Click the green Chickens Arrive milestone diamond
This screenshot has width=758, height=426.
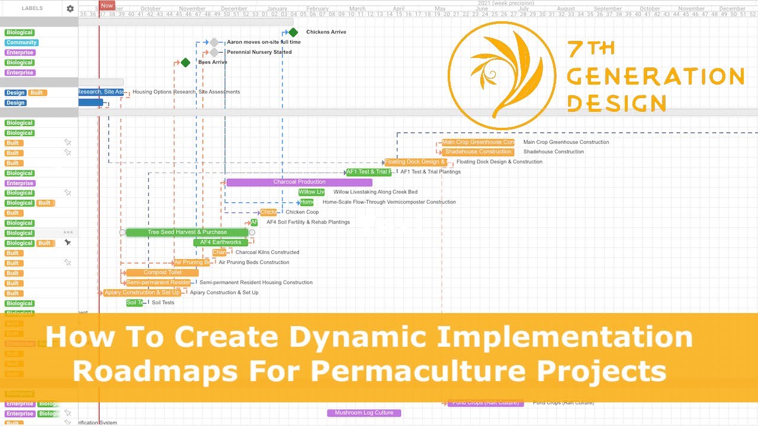click(293, 32)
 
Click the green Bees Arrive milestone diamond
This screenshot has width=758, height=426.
click(185, 62)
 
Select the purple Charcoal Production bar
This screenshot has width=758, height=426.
click(299, 182)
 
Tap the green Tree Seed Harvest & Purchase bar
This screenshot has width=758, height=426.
click(187, 233)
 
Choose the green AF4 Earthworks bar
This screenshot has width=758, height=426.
click(220, 243)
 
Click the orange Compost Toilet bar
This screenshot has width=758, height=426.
click(162, 273)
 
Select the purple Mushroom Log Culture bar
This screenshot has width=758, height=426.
click(364, 413)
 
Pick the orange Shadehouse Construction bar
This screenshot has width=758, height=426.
click(478, 152)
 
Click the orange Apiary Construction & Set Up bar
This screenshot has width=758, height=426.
click(142, 293)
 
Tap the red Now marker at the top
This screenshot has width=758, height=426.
click(107, 5)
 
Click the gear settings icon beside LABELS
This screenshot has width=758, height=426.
click(70, 9)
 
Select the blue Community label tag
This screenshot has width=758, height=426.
click(21, 43)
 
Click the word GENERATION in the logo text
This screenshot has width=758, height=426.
click(655, 76)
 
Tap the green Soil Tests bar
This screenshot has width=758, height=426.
click(134, 303)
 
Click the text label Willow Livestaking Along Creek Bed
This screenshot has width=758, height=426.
click(375, 192)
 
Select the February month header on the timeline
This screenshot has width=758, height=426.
click(317, 9)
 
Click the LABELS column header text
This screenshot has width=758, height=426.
click(32, 9)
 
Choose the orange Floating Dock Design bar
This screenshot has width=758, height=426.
click(415, 162)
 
